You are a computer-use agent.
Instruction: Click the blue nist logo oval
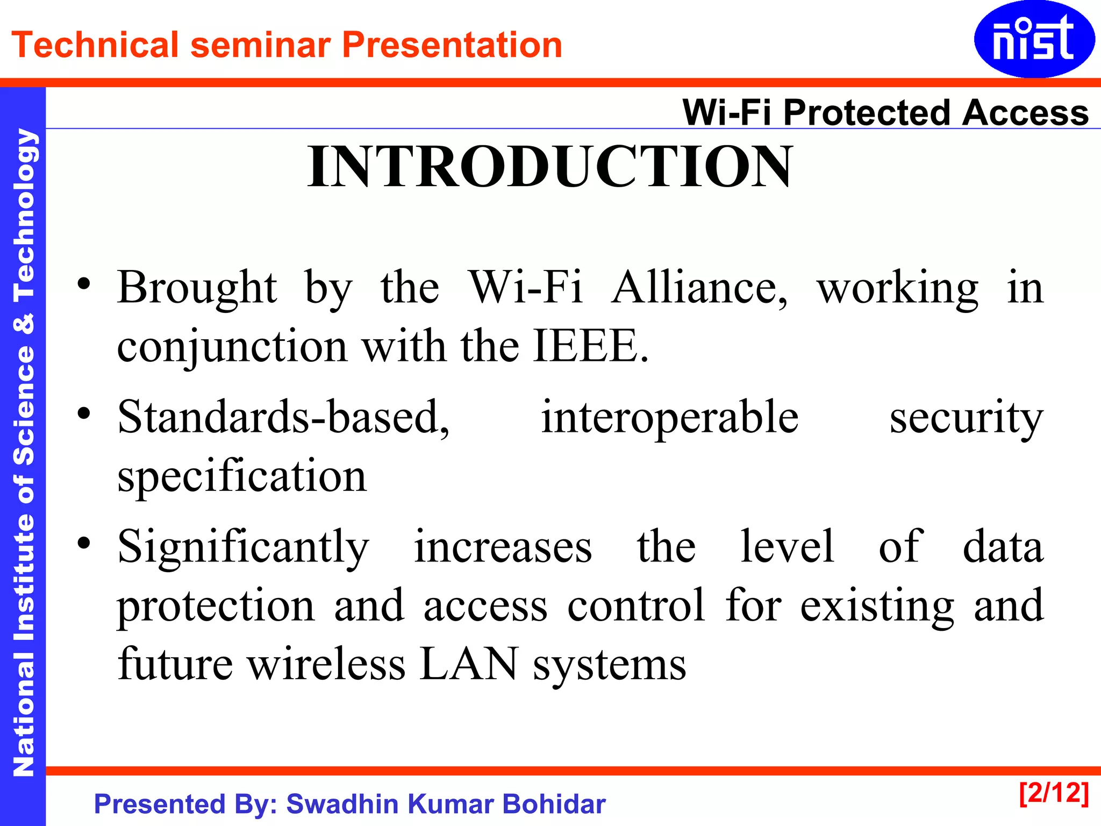pyautogui.click(x=1033, y=39)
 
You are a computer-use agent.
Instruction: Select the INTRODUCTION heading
pyautogui.click(x=549, y=167)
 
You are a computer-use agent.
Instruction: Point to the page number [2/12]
pyautogui.click(x=1054, y=793)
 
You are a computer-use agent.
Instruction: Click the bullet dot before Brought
pyautogui.click(x=83, y=283)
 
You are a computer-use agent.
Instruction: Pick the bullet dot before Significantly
pyautogui.click(x=83, y=543)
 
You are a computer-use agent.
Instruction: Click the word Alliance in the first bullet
pyautogui.click(x=699, y=288)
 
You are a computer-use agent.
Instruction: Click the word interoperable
pyautogui.click(x=669, y=418)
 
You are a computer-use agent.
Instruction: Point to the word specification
pyautogui.click(x=242, y=477)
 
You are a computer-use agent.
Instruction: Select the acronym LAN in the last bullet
pyautogui.click(x=468, y=664)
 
